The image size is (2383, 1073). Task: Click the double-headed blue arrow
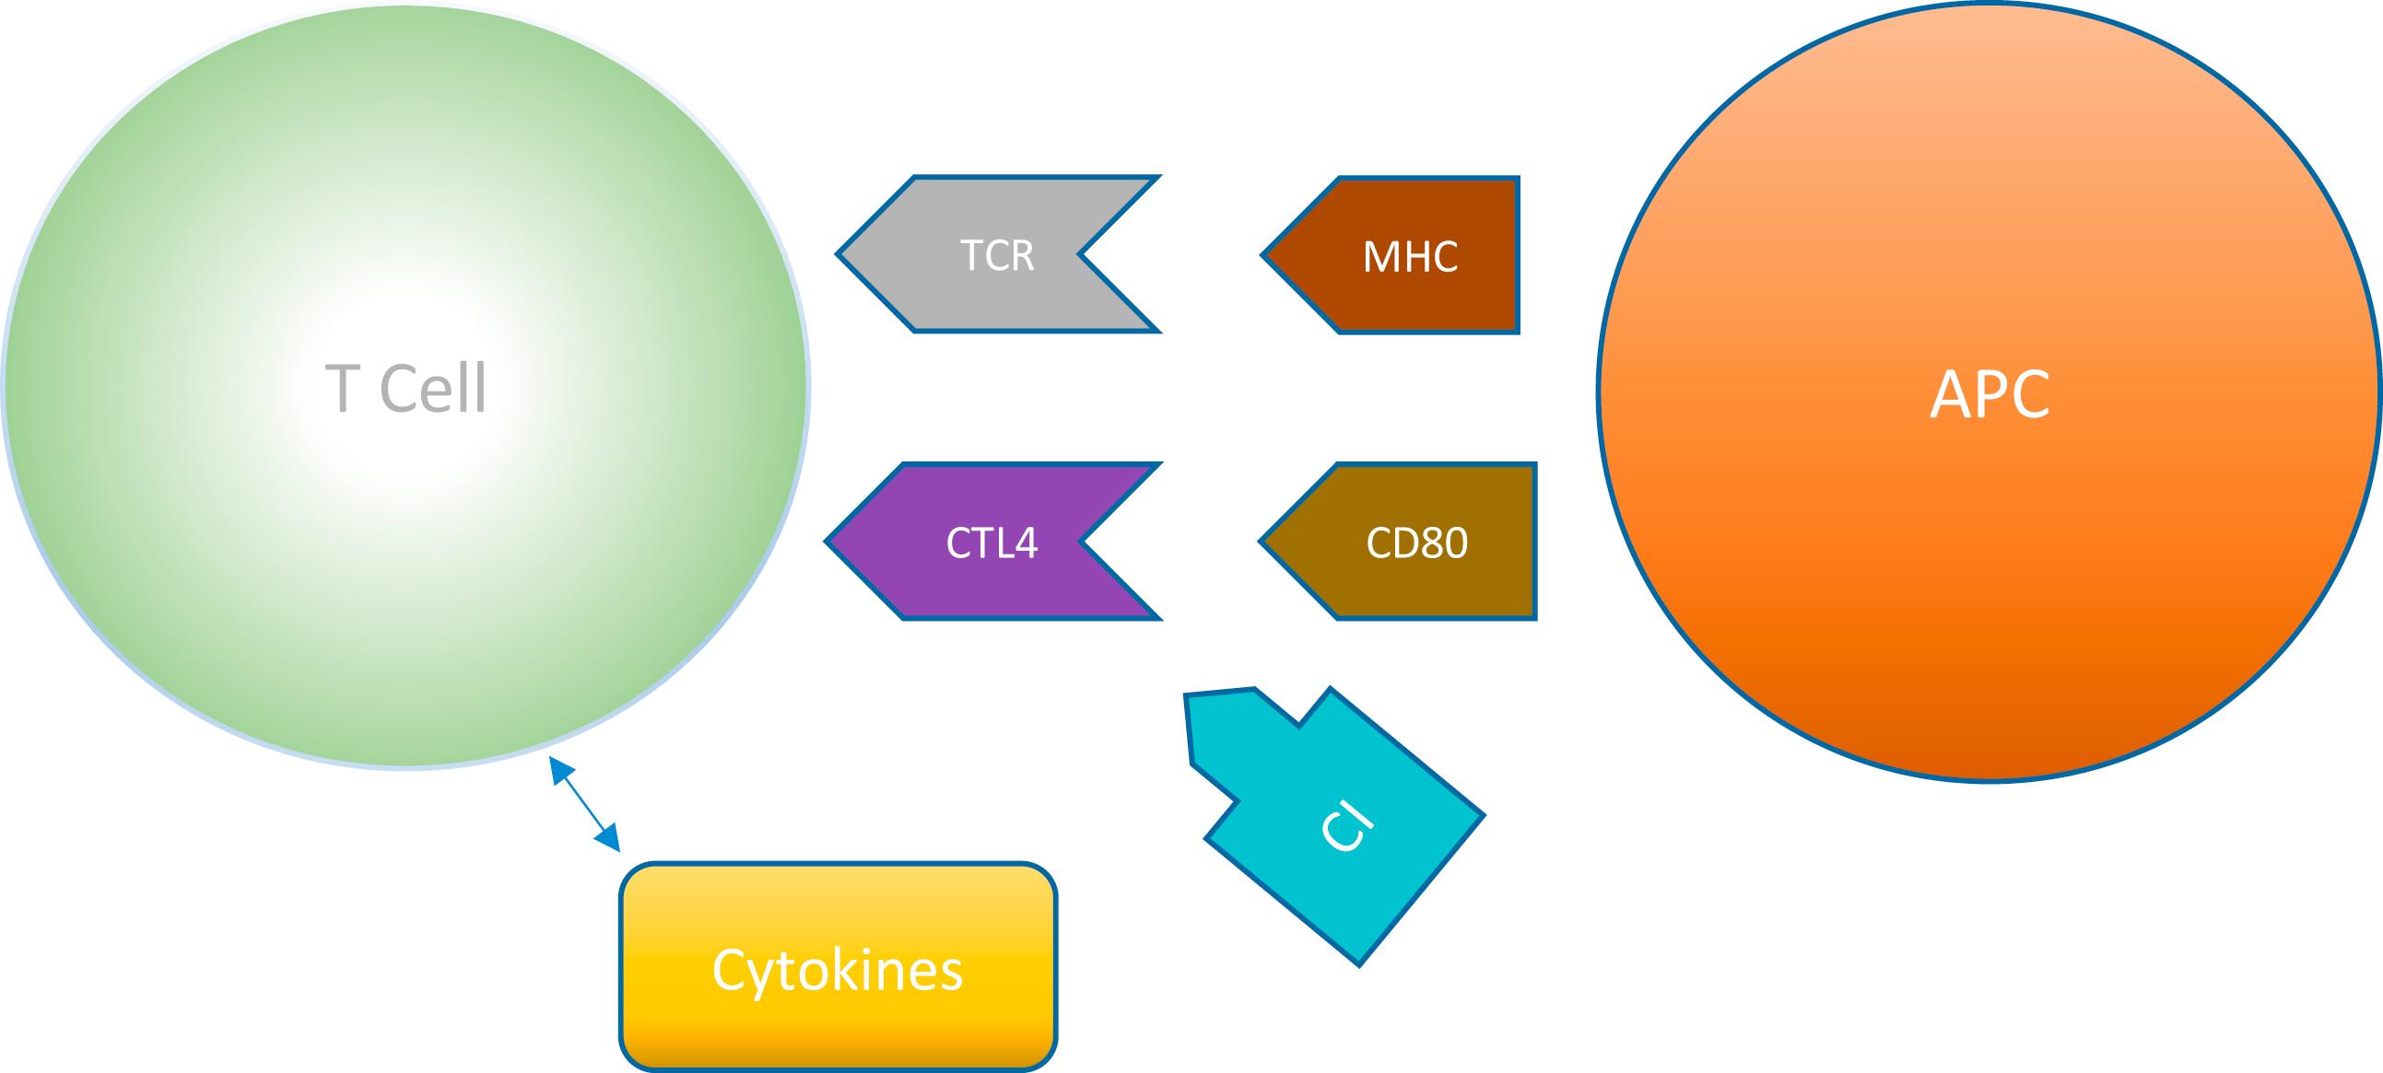(x=584, y=801)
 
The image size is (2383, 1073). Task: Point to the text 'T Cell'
(x=405, y=389)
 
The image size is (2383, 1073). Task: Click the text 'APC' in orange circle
(x=1990, y=394)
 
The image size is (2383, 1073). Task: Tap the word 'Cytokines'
(x=838, y=970)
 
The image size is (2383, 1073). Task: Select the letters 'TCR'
(x=996, y=254)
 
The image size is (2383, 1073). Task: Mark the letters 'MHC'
(x=1410, y=256)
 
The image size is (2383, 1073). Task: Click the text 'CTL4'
(x=992, y=542)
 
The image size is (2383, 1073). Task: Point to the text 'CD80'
(x=1416, y=542)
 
